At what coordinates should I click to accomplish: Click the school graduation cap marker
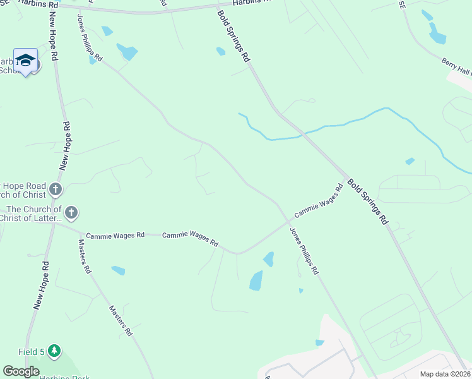(x=25, y=61)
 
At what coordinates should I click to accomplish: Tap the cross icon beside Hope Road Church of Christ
(x=56, y=189)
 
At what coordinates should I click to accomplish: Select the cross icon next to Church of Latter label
(x=71, y=213)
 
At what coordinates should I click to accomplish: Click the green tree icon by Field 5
(x=54, y=351)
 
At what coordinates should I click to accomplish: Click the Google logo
(x=21, y=371)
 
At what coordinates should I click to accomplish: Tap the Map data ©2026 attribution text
(x=445, y=374)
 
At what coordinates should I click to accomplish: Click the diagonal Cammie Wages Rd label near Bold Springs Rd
(x=319, y=202)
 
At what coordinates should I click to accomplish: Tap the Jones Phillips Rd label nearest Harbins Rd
(x=90, y=37)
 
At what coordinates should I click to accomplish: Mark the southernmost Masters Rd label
(x=121, y=321)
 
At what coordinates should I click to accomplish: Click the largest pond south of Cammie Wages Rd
(x=256, y=280)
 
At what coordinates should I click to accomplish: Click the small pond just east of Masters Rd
(x=118, y=270)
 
